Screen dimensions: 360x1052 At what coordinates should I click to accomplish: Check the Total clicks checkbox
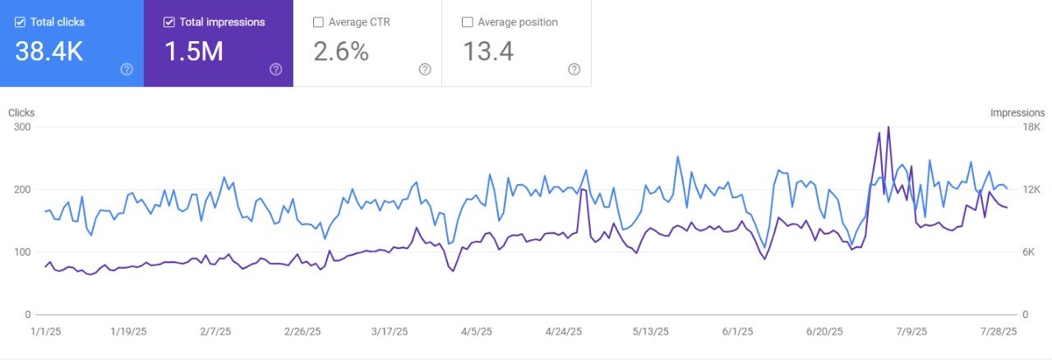click(20, 22)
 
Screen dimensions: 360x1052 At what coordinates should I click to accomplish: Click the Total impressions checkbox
click(169, 22)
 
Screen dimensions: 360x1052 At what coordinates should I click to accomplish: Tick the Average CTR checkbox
click(319, 22)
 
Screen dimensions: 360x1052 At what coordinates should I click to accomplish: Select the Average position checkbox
click(468, 22)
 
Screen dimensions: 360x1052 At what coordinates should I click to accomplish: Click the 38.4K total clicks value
click(48, 52)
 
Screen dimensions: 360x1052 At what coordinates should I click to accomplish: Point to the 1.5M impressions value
click(194, 52)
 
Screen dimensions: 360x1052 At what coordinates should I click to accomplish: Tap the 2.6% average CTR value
click(341, 52)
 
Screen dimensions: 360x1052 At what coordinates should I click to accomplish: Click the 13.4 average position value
click(488, 52)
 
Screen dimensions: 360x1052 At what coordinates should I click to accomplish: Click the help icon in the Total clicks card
click(127, 70)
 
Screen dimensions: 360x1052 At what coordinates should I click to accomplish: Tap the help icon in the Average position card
click(574, 70)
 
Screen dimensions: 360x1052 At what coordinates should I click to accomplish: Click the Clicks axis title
click(21, 113)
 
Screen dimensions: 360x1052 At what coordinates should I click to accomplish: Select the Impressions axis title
click(1017, 113)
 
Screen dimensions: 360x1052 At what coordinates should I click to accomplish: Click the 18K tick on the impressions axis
click(1031, 127)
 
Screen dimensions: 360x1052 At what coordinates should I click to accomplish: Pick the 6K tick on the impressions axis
click(1031, 252)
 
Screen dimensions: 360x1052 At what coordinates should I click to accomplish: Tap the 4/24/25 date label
click(564, 332)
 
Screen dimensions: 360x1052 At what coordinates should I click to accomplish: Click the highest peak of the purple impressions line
click(888, 127)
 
